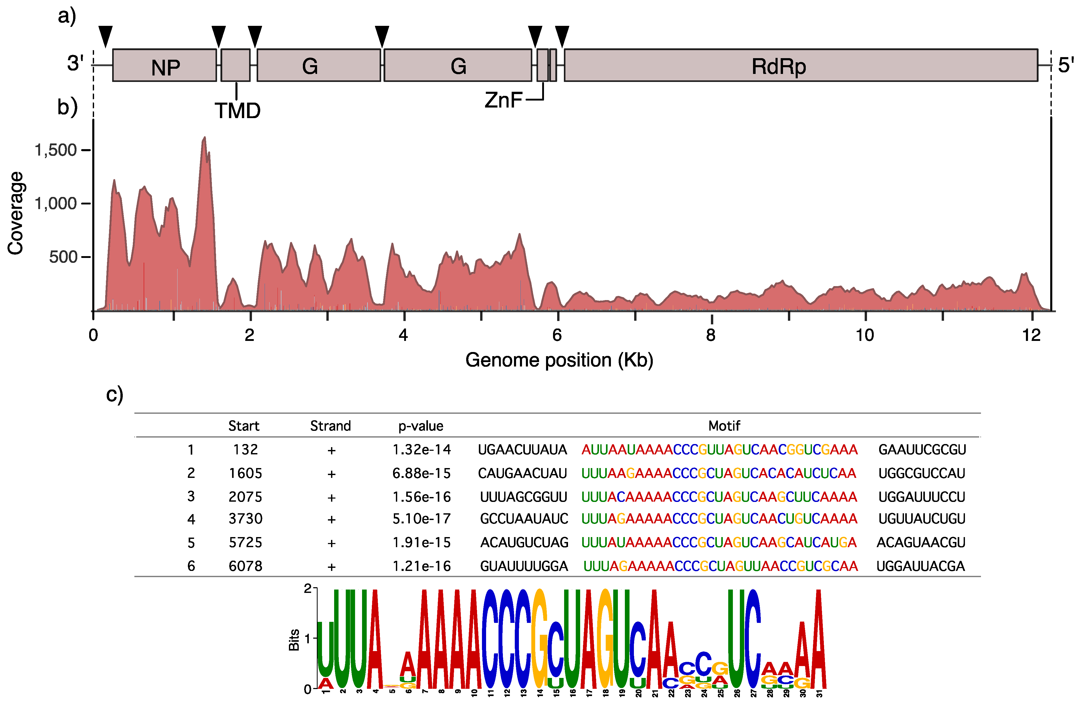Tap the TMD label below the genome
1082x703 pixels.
point(237,111)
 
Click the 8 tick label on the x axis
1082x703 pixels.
point(711,335)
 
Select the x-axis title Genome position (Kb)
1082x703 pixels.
point(559,360)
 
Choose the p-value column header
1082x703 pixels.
point(420,426)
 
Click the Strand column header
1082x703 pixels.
point(331,426)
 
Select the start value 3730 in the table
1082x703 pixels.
point(245,519)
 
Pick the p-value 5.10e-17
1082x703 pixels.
point(421,519)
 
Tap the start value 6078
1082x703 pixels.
point(245,566)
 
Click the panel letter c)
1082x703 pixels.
point(114,394)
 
